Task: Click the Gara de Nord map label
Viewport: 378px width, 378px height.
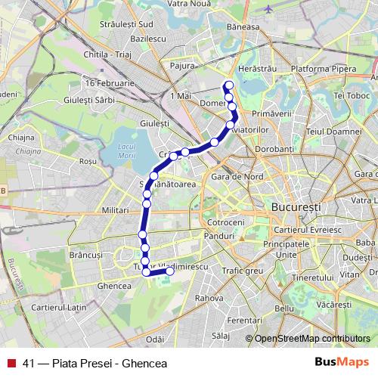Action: (x=234, y=176)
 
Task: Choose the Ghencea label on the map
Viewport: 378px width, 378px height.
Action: (x=114, y=286)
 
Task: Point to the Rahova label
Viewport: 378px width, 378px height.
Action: (x=209, y=298)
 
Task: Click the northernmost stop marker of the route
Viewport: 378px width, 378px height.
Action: (x=228, y=85)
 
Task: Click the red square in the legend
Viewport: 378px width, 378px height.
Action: (x=11, y=362)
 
